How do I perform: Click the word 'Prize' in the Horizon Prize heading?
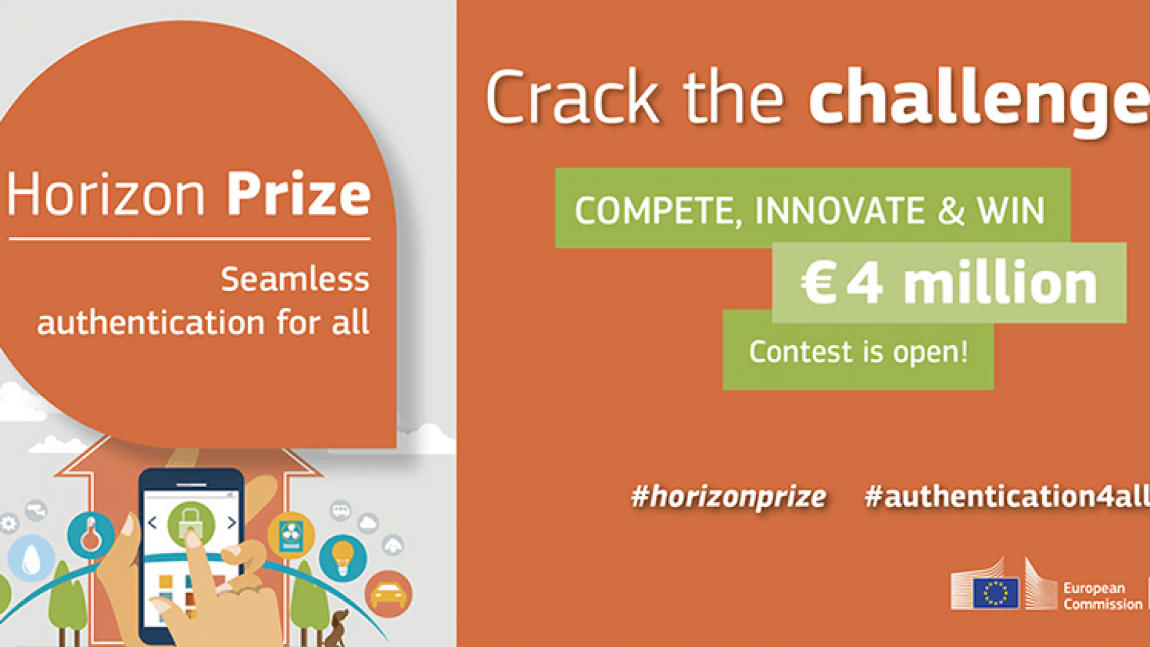click(x=298, y=194)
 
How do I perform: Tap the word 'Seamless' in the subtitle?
click(x=295, y=279)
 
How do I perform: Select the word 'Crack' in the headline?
click(x=573, y=97)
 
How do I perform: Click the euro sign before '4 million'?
click(x=818, y=283)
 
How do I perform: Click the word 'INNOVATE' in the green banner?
click(x=840, y=211)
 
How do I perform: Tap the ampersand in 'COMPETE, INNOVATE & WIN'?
click(x=951, y=211)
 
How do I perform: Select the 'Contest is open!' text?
click(x=858, y=352)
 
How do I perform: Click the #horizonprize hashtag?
click(x=728, y=497)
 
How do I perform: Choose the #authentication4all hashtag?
click(x=1007, y=496)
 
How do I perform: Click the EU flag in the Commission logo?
click(x=995, y=593)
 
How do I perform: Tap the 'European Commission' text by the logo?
click(x=1103, y=596)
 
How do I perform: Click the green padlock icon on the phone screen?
click(x=190, y=523)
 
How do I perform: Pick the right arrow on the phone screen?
click(x=232, y=522)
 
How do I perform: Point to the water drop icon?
click(x=31, y=558)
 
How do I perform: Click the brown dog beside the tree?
click(x=336, y=628)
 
